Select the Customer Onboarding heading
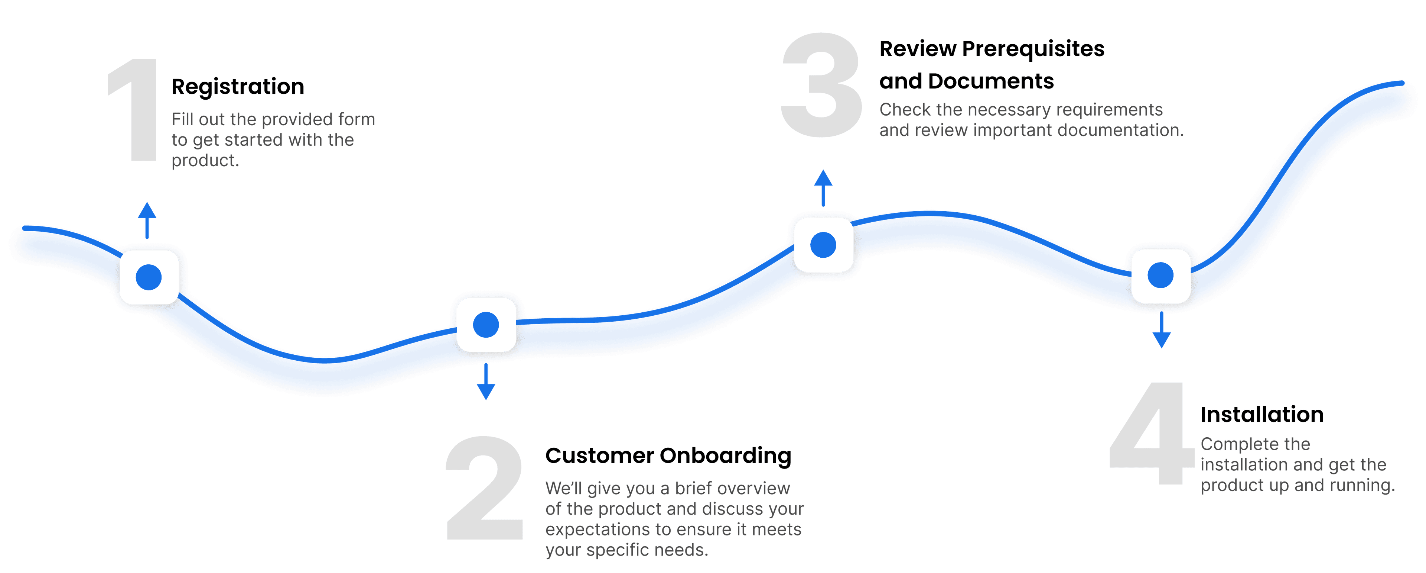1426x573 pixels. point(668,455)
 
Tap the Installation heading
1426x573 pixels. point(1261,415)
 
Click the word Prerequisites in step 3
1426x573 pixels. point(1033,49)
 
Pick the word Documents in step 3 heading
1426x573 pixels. point(991,81)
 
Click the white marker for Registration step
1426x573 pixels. point(149,277)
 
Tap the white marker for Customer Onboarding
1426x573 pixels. point(486,325)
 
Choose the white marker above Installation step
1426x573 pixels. point(1161,276)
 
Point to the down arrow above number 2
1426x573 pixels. point(486,382)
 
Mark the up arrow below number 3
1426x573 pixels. point(823,188)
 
